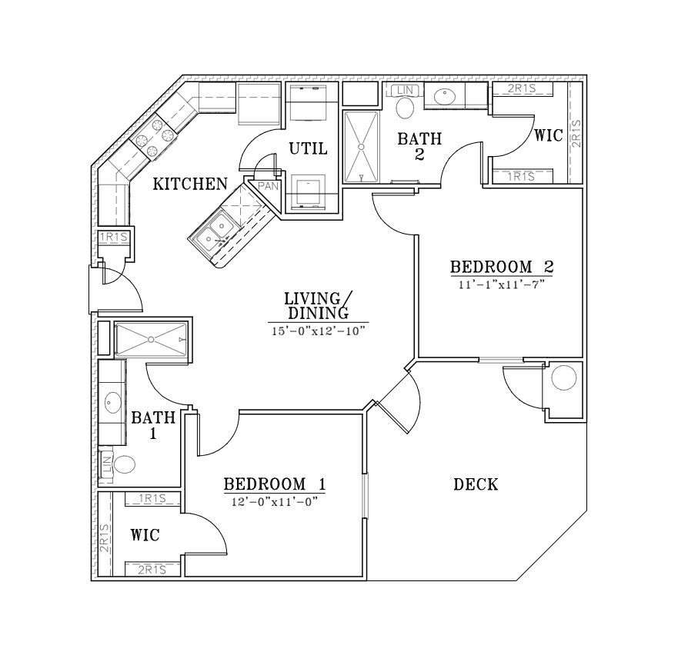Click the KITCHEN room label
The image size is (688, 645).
coord(190,184)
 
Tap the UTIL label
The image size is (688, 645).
coord(308,149)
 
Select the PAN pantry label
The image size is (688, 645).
coord(268,186)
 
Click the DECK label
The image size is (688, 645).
coord(476,484)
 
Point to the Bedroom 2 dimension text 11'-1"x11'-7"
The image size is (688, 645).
coord(502,284)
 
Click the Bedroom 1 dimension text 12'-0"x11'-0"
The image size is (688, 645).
coord(274,502)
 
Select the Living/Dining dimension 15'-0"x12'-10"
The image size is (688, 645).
coord(319,331)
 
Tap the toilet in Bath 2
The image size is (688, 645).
coord(405,108)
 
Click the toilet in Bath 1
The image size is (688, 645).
coord(124,464)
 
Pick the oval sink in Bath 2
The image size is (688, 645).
coord(445,97)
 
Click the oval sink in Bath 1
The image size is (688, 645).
coord(112,402)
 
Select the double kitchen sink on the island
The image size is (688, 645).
coord(214,234)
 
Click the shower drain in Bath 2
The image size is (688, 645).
coord(362,147)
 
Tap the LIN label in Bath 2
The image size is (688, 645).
coord(405,91)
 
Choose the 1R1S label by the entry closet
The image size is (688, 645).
coord(113,237)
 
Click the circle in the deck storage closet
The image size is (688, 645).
coord(564,377)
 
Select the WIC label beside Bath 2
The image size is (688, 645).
coord(548,135)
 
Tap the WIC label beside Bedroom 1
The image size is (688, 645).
coord(145,535)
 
